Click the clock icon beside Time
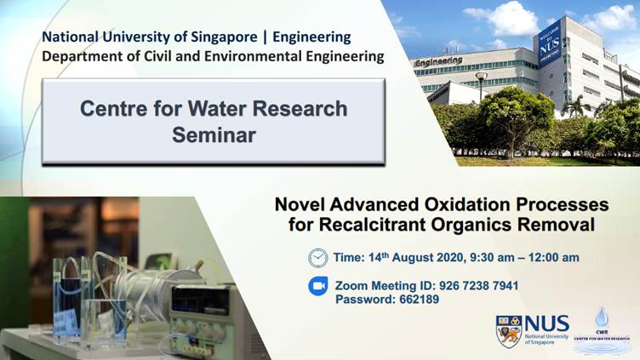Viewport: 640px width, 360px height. point(317,258)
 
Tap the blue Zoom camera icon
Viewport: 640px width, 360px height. point(317,287)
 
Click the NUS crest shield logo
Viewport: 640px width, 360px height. point(508,331)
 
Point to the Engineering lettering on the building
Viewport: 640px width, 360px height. point(438,61)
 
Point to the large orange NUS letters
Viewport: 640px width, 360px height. point(547,323)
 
